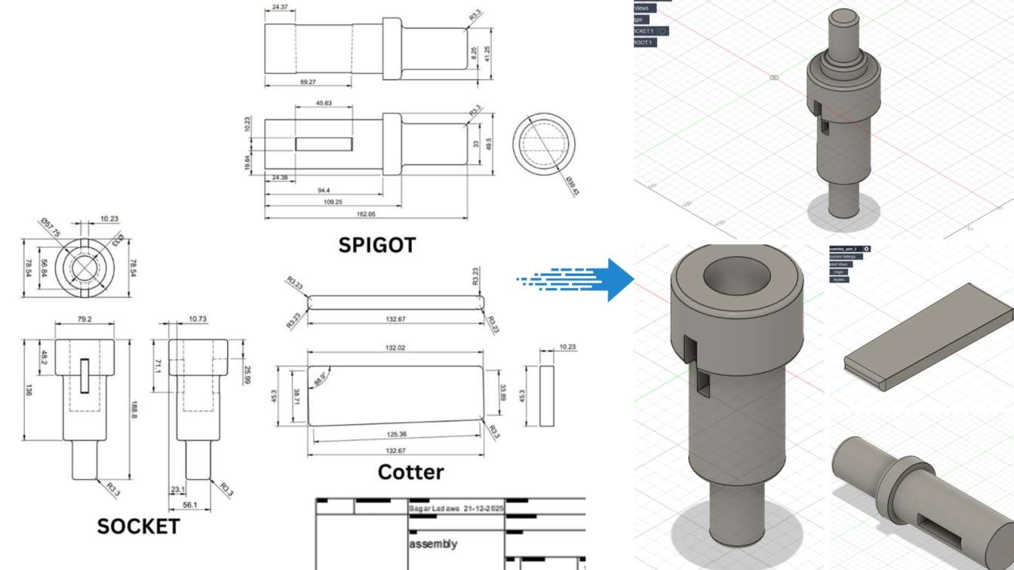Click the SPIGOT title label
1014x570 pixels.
[376, 244]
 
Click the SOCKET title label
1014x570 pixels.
[139, 526]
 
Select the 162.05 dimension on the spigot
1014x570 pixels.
[365, 214]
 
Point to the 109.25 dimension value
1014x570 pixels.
[333, 202]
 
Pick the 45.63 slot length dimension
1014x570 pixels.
[324, 103]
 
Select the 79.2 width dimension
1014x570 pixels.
[84, 319]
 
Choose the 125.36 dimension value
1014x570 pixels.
[395, 434]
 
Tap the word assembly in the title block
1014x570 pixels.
[433, 544]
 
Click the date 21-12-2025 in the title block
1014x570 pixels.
[477, 510]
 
